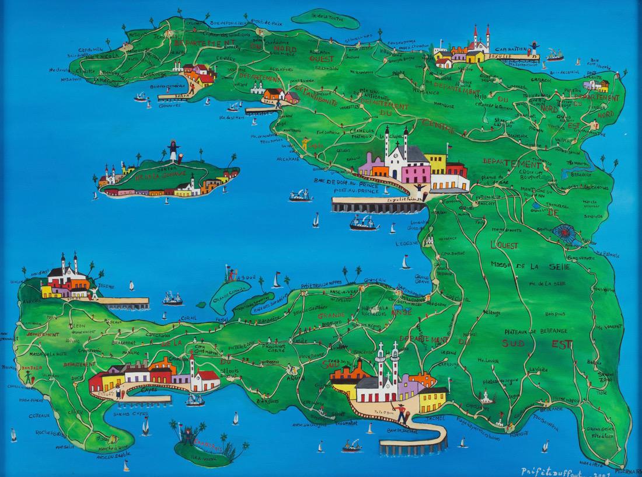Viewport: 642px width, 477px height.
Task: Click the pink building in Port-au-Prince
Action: point(416,173)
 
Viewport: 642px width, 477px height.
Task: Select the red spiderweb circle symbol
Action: point(563,236)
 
